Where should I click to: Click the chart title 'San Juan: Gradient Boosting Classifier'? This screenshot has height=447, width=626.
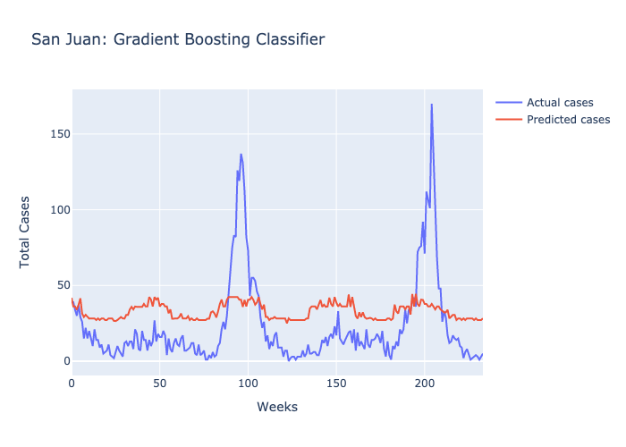tap(177, 39)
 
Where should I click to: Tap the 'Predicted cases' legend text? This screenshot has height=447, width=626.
tap(568, 119)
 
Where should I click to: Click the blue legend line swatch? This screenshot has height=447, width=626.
tap(508, 101)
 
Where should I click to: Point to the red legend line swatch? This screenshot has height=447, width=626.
tap(508, 119)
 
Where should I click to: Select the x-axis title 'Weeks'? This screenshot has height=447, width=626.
tap(277, 407)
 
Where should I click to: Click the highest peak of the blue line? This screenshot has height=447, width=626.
tap(431, 105)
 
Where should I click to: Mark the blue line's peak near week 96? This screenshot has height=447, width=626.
tap(241, 154)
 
